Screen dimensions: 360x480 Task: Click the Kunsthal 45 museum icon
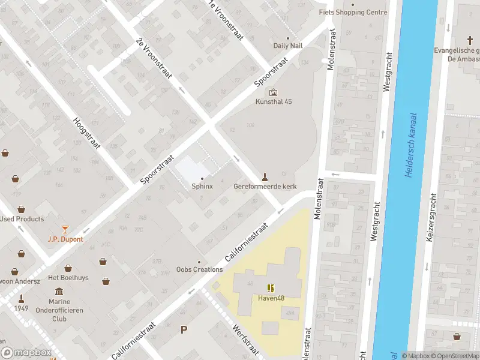tap(274, 92)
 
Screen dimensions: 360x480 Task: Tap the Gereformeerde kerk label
tap(265, 187)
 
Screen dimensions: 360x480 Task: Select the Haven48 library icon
tap(270, 288)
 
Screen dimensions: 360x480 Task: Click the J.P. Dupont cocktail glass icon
tap(65, 229)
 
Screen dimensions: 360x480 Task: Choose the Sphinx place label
tap(202, 186)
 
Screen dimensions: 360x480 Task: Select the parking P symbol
tap(184, 329)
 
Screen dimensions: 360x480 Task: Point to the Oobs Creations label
tap(200, 269)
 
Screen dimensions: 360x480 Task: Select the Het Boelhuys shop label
tap(69, 277)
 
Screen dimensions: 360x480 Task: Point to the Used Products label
tap(22, 219)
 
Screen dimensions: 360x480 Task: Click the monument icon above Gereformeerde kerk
tap(263, 176)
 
